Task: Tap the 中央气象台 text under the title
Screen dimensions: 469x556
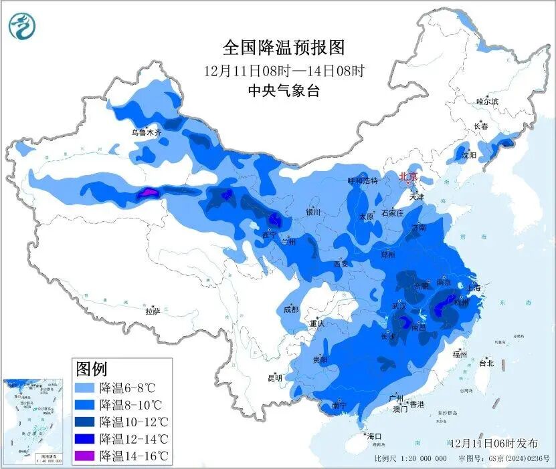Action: pyautogui.click(x=283, y=91)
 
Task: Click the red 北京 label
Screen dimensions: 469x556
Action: pyautogui.click(x=407, y=176)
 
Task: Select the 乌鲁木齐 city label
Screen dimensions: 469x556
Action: pyautogui.click(x=146, y=133)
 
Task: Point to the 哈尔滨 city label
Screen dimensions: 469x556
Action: pyautogui.click(x=487, y=102)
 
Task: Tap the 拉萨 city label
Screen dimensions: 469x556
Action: pyautogui.click(x=153, y=311)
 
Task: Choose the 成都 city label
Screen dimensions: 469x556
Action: pyautogui.click(x=291, y=309)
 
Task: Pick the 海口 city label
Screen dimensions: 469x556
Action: pyautogui.click(x=374, y=436)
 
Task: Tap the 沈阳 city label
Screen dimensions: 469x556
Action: pyautogui.click(x=469, y=155)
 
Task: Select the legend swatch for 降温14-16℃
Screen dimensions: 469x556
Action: pyautogui.click(x=85, y=456)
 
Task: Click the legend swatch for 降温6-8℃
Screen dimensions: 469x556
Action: pyautogui.click(x=85, y=387)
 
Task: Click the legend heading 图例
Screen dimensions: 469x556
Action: pyautogui.click(x=92, y=368)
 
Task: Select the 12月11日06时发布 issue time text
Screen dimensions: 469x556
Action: pyautogui.click(x=492, y=443)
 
